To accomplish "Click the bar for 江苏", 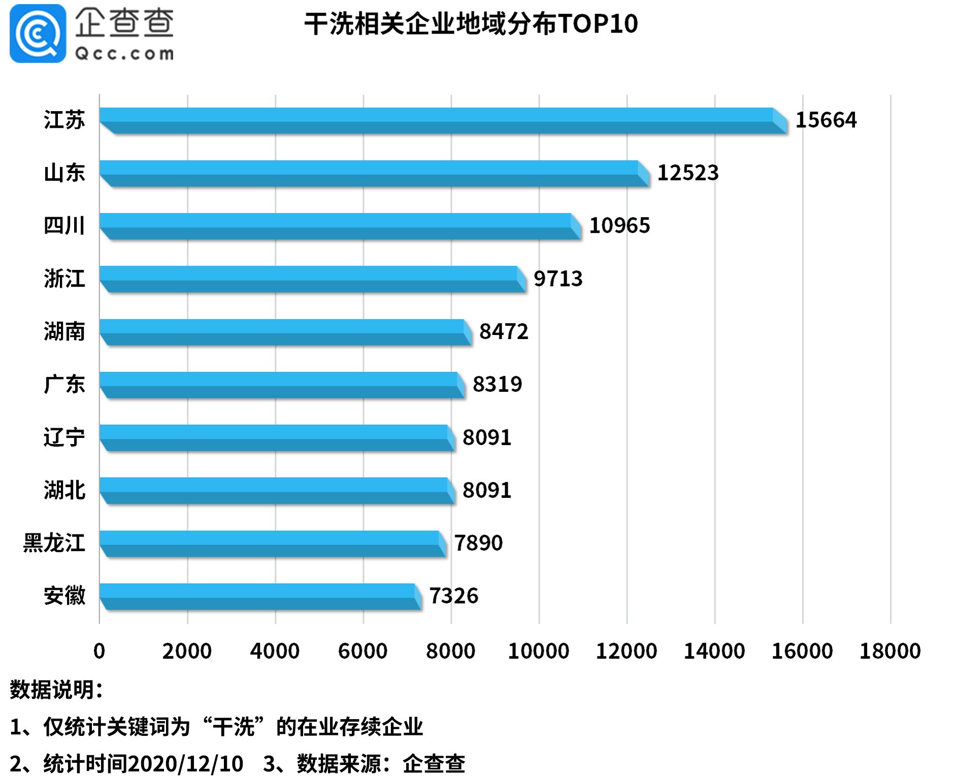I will point(442,120).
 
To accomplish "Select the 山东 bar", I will point(373,173).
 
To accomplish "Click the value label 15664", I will point(826,120).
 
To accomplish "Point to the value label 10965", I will point(619,226).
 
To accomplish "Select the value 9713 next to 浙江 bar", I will point(557,279).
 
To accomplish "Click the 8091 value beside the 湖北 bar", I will point(486,490).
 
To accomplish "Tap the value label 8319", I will point(497,384).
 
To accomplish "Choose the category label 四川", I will point(64,226).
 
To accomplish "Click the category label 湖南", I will point(64,331).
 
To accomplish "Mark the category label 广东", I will point(64,384).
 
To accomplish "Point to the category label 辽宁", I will point(64,437).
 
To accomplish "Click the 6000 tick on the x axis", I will point(363,651).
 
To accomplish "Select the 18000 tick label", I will point(890,651).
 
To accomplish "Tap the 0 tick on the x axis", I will point(99,651).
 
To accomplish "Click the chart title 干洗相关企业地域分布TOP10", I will point(471,24).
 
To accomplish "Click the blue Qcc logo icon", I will point(38,33).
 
